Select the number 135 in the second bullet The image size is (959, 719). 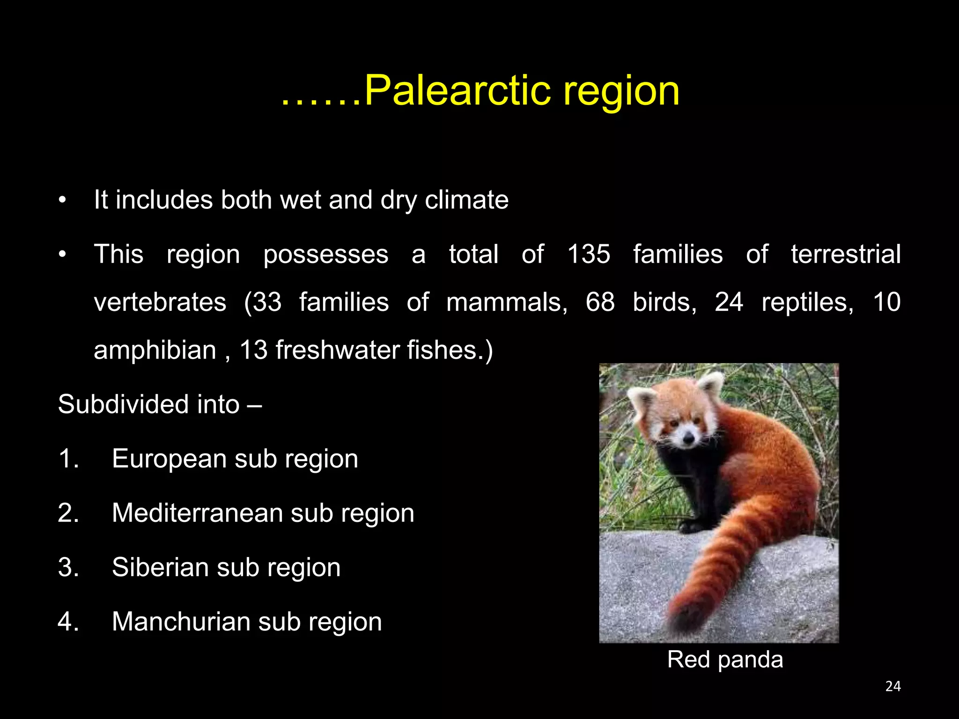coord(589,254)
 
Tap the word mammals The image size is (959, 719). coord(507,302)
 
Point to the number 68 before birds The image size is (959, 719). coord(600,302)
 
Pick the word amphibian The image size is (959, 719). coord(155,350)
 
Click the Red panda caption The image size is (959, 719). coord(725,660)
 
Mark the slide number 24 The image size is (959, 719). coord(893,686)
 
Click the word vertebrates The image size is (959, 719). coord(160,302)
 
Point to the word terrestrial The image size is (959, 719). coord(846,254)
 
